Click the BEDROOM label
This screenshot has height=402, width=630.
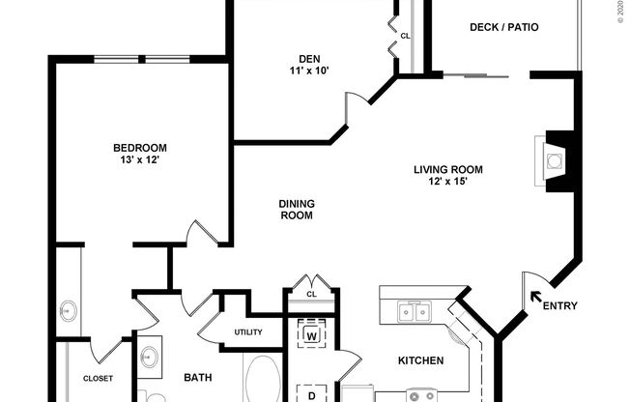click(140, 148)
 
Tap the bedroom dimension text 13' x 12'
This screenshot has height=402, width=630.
click(140, 159)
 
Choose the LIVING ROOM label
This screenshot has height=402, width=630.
click(448, 170)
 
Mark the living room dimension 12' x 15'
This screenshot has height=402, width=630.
click(448, 182)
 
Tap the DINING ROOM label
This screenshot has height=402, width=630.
click(297, 210)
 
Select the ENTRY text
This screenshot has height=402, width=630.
click(559, 306)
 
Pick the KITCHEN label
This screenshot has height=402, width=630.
click(421, 360)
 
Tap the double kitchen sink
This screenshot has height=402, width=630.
click(415, 311)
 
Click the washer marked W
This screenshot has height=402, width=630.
click(311, 335)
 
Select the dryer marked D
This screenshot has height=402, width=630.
click(311, 394)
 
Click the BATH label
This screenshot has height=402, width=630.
click(197, 377)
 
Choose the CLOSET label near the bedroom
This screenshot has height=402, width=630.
click(98, 379)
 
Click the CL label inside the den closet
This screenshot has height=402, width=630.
click(405, 35)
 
